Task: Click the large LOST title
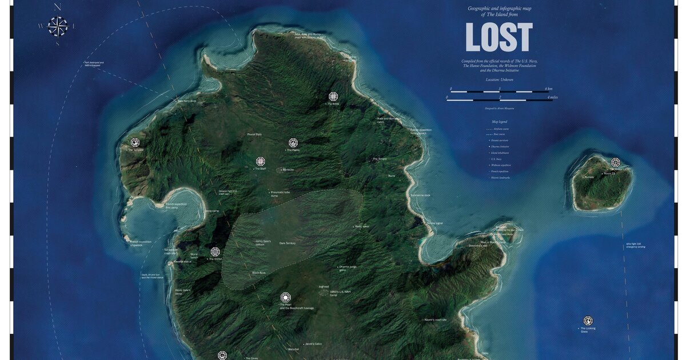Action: [499, 38]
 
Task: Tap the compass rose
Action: [58, 25]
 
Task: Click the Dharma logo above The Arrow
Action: [333, 96]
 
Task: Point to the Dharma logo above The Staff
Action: [261, 161]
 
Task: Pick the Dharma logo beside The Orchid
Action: [215, 251]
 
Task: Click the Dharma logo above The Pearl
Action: [285, 297]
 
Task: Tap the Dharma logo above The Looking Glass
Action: [588, 321]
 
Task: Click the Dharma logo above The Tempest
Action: [135, 142]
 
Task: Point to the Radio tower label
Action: [362, 226]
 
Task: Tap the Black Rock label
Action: [259, 273]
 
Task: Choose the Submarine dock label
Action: [420, 195]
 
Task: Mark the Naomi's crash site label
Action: [436, 320]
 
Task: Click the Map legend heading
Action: [500, 122]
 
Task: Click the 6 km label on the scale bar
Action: [548, 89]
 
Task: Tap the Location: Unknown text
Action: [500, 79]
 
